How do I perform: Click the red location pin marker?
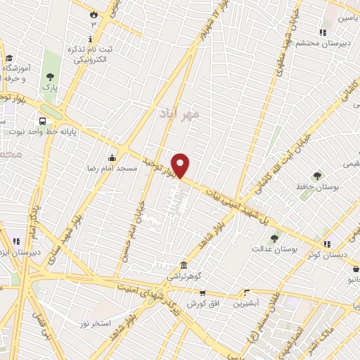[x=181, y=166]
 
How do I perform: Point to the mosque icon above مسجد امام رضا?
[x=111, y=158]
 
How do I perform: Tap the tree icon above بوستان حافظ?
[x=317, y=176]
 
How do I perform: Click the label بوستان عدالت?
[x=275, y=249]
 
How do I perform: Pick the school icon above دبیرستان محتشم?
[x=323, y=32]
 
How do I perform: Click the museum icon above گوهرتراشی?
[x=184, y=265]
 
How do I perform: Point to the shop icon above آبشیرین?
[x=246, y=292]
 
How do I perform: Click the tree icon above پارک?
[x=49, y=77]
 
